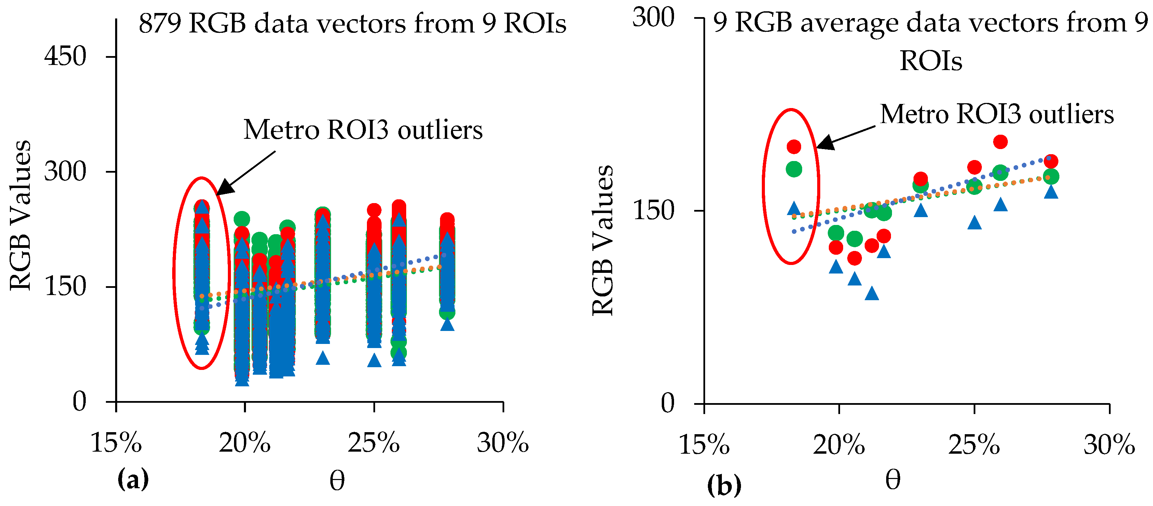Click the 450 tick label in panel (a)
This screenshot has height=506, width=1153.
point(65,56)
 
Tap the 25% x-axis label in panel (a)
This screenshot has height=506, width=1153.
point(374,443)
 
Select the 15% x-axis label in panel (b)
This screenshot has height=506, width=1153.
point(704,445)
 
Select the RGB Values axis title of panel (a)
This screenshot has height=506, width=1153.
point(20,215)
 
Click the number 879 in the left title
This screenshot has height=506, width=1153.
point(160,23)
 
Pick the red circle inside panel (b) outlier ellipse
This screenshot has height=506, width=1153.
point(794,146)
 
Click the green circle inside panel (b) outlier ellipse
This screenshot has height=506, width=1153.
point(794,169)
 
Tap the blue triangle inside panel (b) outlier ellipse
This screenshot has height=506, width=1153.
point(794,208)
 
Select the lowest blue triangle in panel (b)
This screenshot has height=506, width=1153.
point(871,293)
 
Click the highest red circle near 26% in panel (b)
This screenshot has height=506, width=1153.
point(1000,142)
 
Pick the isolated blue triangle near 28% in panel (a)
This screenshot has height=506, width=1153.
point(447,324)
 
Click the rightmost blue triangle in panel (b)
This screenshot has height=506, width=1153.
point(1051,192)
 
